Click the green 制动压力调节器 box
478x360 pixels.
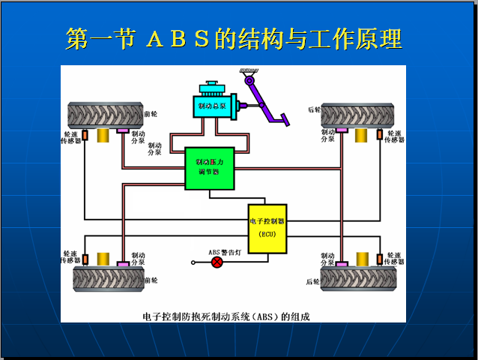[x=210, y=167]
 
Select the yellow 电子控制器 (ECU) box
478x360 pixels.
[x=267, y=226]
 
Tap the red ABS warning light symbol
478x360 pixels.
[x=217, y=262]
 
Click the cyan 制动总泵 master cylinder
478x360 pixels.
[x=216, y=106]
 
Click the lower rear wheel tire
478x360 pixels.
[x=357, y=279]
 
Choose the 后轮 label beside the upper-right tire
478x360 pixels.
[x=313, y=110]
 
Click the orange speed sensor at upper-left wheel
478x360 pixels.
[x=85, y=135]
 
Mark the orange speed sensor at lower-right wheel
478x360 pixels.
[x=380, y=259]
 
